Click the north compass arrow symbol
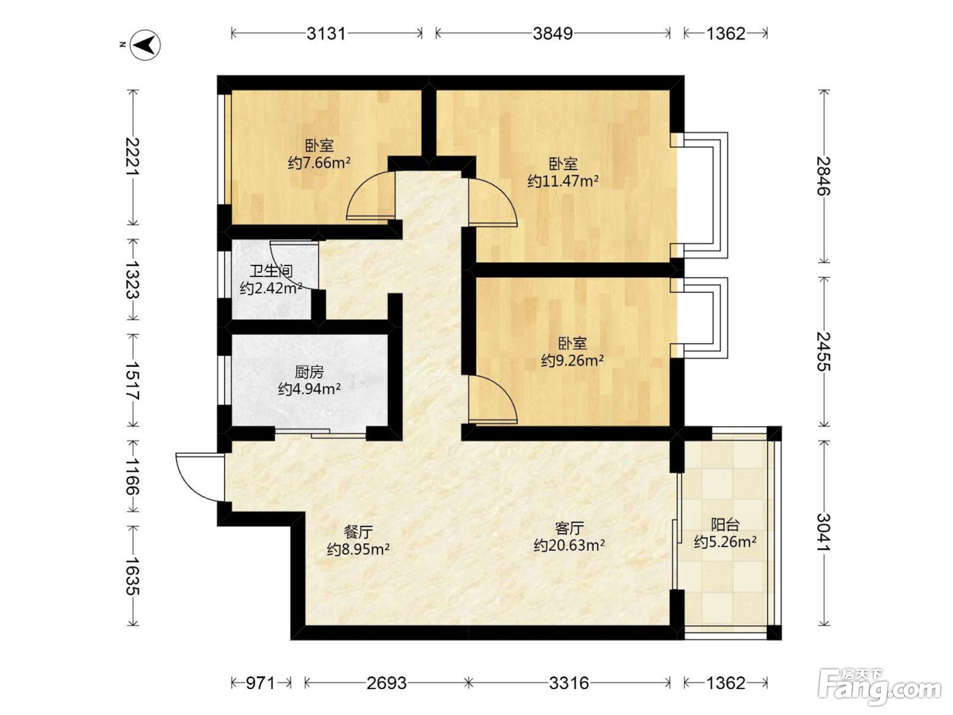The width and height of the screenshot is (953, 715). coord(146,44)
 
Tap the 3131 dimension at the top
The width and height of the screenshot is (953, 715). coord(325,33)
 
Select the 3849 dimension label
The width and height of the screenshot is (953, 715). coord(552,33)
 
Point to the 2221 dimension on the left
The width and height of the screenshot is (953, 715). coord(133,157)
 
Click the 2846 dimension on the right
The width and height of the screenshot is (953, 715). coord(824,176)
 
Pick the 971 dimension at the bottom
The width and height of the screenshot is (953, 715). coord(261,683)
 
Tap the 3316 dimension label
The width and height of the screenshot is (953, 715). coord(569,683)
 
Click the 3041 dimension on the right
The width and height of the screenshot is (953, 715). coord(824,533)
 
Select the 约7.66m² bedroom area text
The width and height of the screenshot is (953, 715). coord(319,163)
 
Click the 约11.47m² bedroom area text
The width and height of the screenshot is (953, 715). coord(563,181)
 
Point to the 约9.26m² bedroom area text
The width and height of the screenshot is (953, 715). coord(572,360)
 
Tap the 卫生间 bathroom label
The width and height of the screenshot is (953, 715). coord(271,271)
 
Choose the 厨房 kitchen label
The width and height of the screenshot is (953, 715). coord(309,372)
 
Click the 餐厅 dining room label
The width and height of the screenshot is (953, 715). coord(358,531)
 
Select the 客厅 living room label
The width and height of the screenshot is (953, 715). coord(569,528)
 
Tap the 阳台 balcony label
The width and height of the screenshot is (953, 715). coord(725,525)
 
